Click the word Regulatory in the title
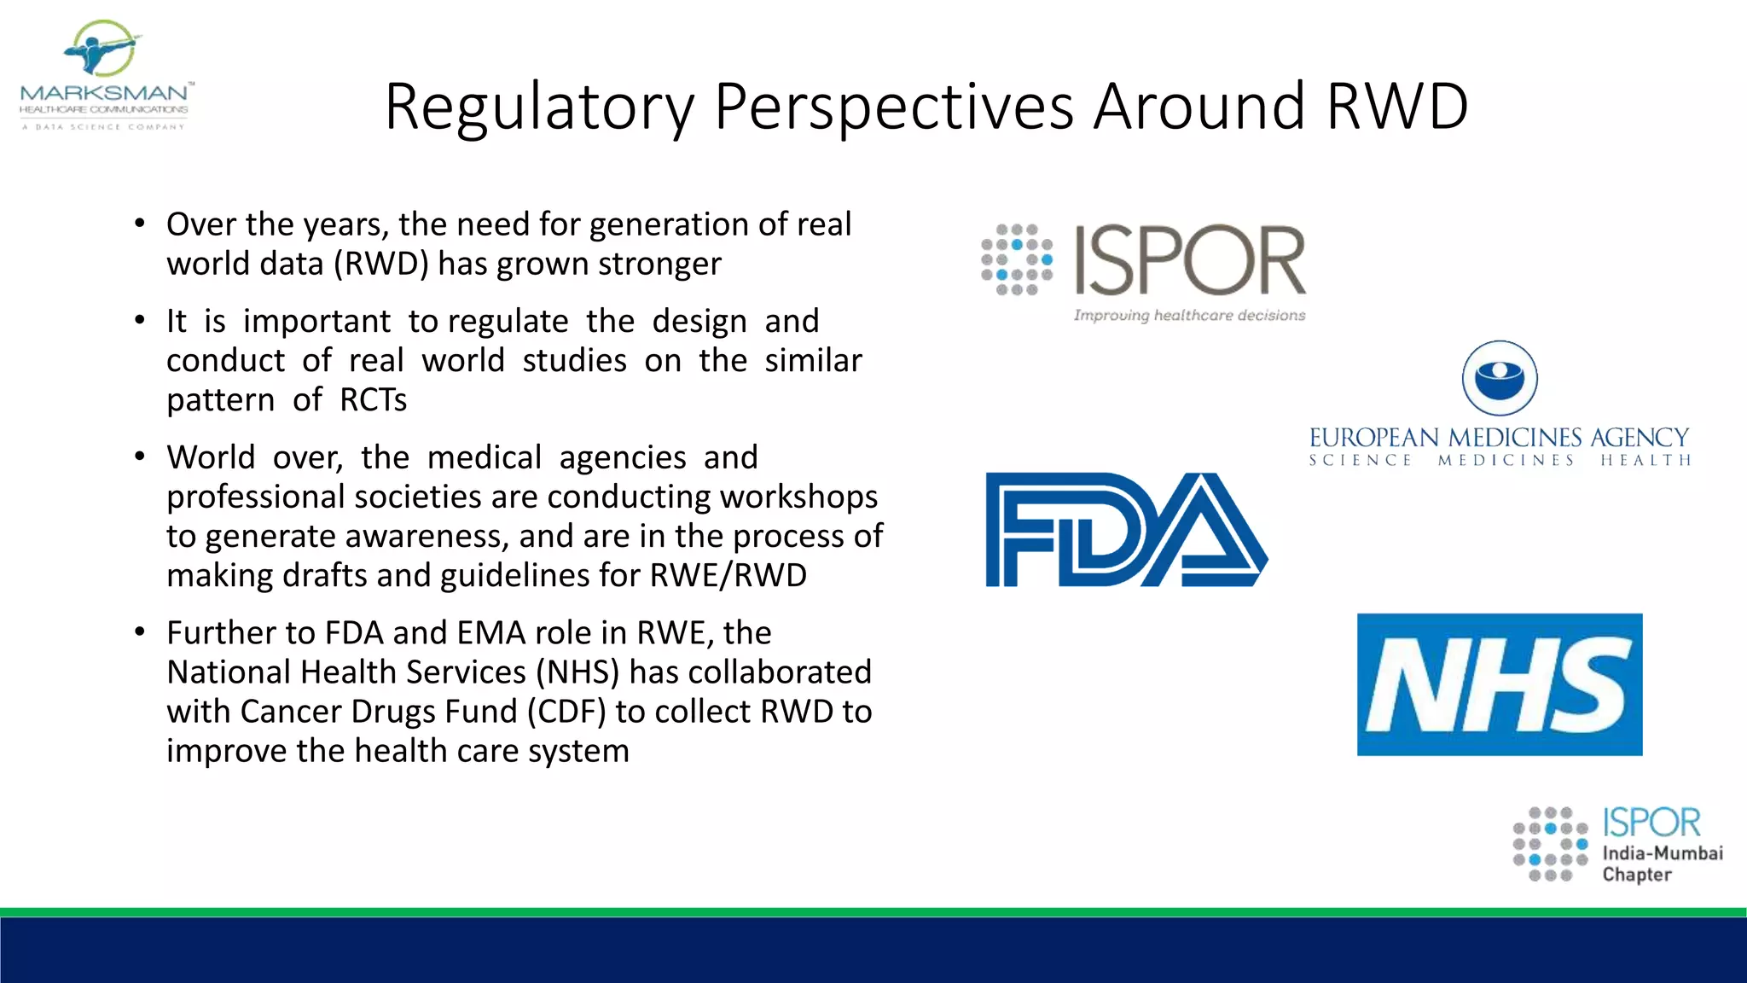[539, 108]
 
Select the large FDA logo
[1125, 530]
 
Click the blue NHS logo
[1499, 684]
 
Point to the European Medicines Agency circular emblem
[1500, 378]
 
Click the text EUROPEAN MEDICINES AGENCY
[1499, 438]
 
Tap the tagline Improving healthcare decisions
[1189, 316]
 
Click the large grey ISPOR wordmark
[1189, 260]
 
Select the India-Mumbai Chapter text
[1662, 863]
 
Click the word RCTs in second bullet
[373, 400]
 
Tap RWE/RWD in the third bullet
[728, 575]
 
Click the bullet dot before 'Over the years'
[140, 224]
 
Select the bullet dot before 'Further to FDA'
[140, 632]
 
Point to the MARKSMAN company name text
[104, 92]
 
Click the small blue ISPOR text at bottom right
[1651, 823]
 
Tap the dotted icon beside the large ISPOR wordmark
[1017, 259]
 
